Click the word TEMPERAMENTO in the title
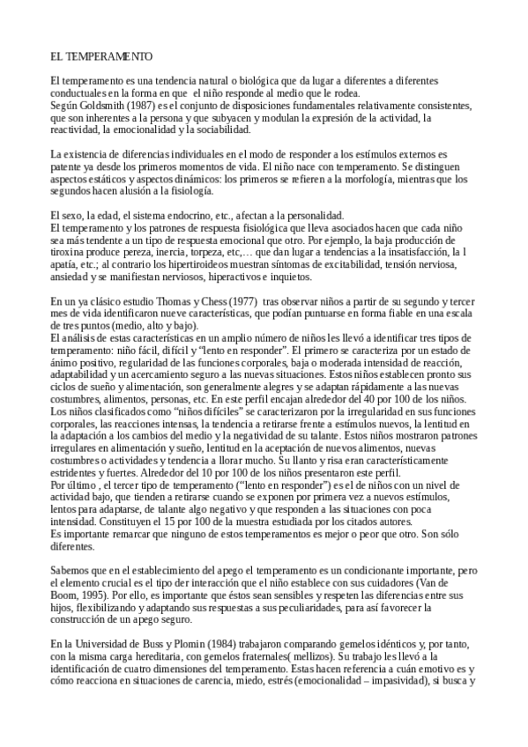pyautogui.click(x=108, y=56)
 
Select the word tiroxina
pyautogui.click(x=71, y=252)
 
